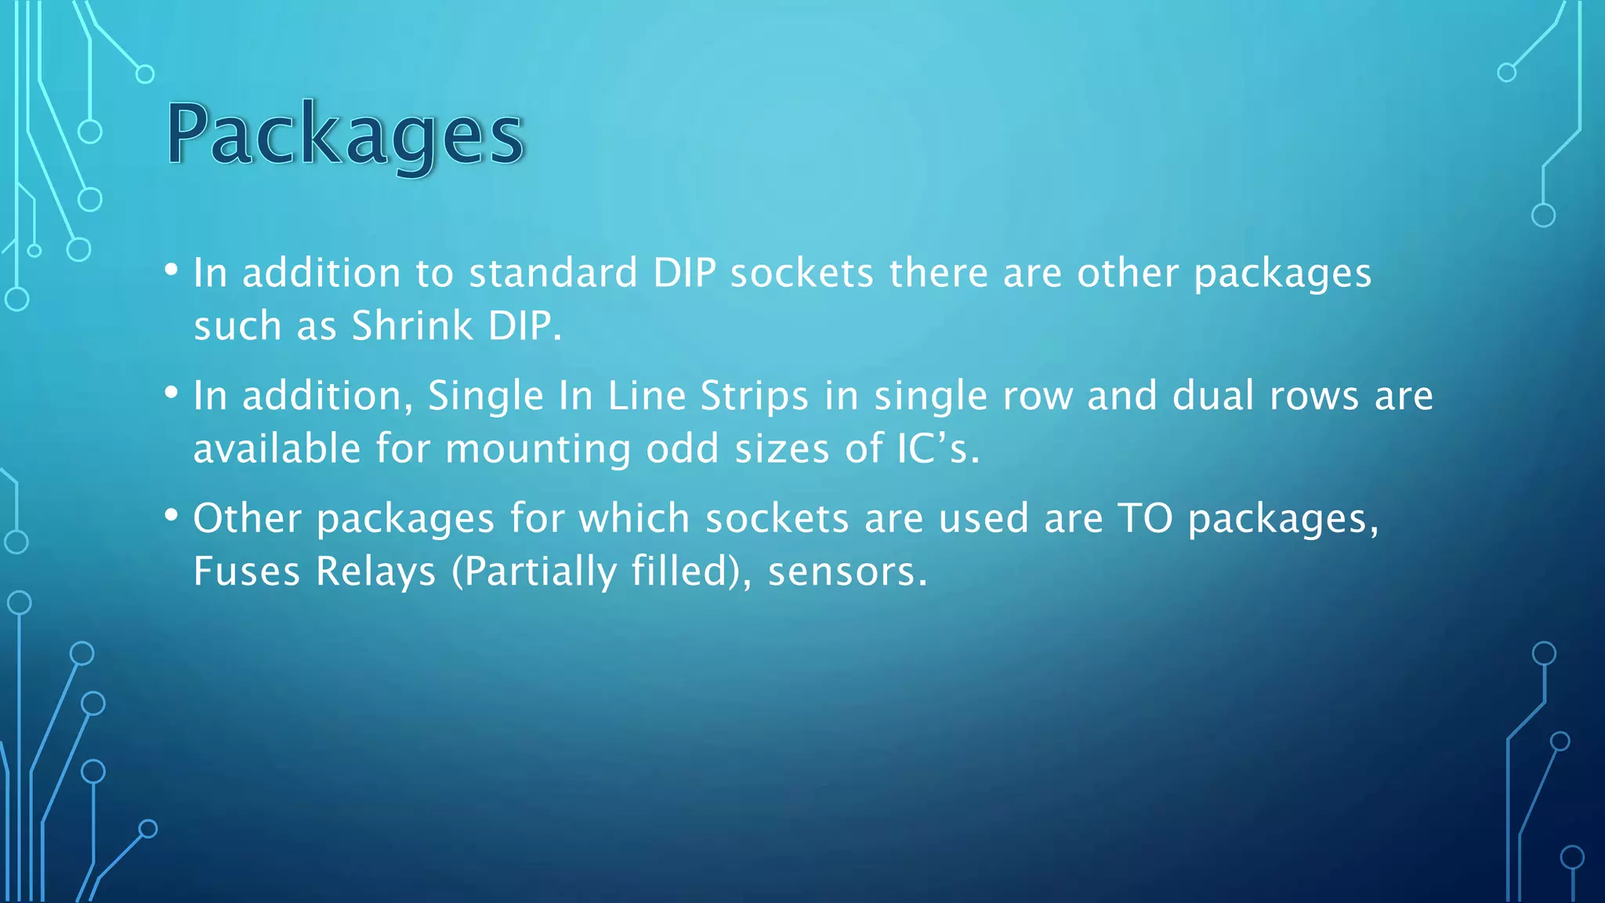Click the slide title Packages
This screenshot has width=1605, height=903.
[345, 135]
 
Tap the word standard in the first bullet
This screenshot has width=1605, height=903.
[553, 274]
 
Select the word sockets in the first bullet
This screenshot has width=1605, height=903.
[801, 274]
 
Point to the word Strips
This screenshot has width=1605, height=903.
[753, 397]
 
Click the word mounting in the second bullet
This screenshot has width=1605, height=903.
[537, 450]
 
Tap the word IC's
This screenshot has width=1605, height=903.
[937, 449]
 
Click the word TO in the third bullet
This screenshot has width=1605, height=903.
[1145, 519]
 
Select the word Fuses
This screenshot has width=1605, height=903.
[246, 571]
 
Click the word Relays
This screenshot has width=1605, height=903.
[375, 571]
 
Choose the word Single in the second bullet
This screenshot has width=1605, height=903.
[485, 397]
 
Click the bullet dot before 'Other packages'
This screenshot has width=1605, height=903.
[171, 515]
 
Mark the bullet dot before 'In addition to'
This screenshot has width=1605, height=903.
[171, 270]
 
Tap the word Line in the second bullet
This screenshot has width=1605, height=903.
[647, 396]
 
